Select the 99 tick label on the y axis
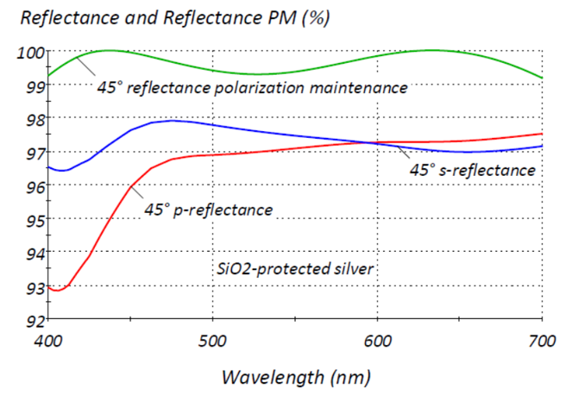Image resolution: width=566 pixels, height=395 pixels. coord(31,86)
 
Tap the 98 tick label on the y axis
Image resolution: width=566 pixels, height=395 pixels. coord(31,119)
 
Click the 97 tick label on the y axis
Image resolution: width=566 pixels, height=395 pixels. coord(31,153)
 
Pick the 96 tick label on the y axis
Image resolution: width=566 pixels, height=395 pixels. coord(31,186)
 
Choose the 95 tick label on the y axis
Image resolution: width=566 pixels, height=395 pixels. coord(31,220)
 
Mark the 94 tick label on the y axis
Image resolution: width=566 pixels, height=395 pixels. coord(31,253)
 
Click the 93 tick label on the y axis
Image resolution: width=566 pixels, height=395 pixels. coord(31,286)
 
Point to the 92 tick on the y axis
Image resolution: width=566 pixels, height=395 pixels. coord(31,320)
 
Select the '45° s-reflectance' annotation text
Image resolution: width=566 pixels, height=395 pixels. coord(472,171)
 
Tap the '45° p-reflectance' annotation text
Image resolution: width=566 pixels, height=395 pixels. coord(208,210)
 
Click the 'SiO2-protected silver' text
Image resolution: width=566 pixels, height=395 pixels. coord(295,269)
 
